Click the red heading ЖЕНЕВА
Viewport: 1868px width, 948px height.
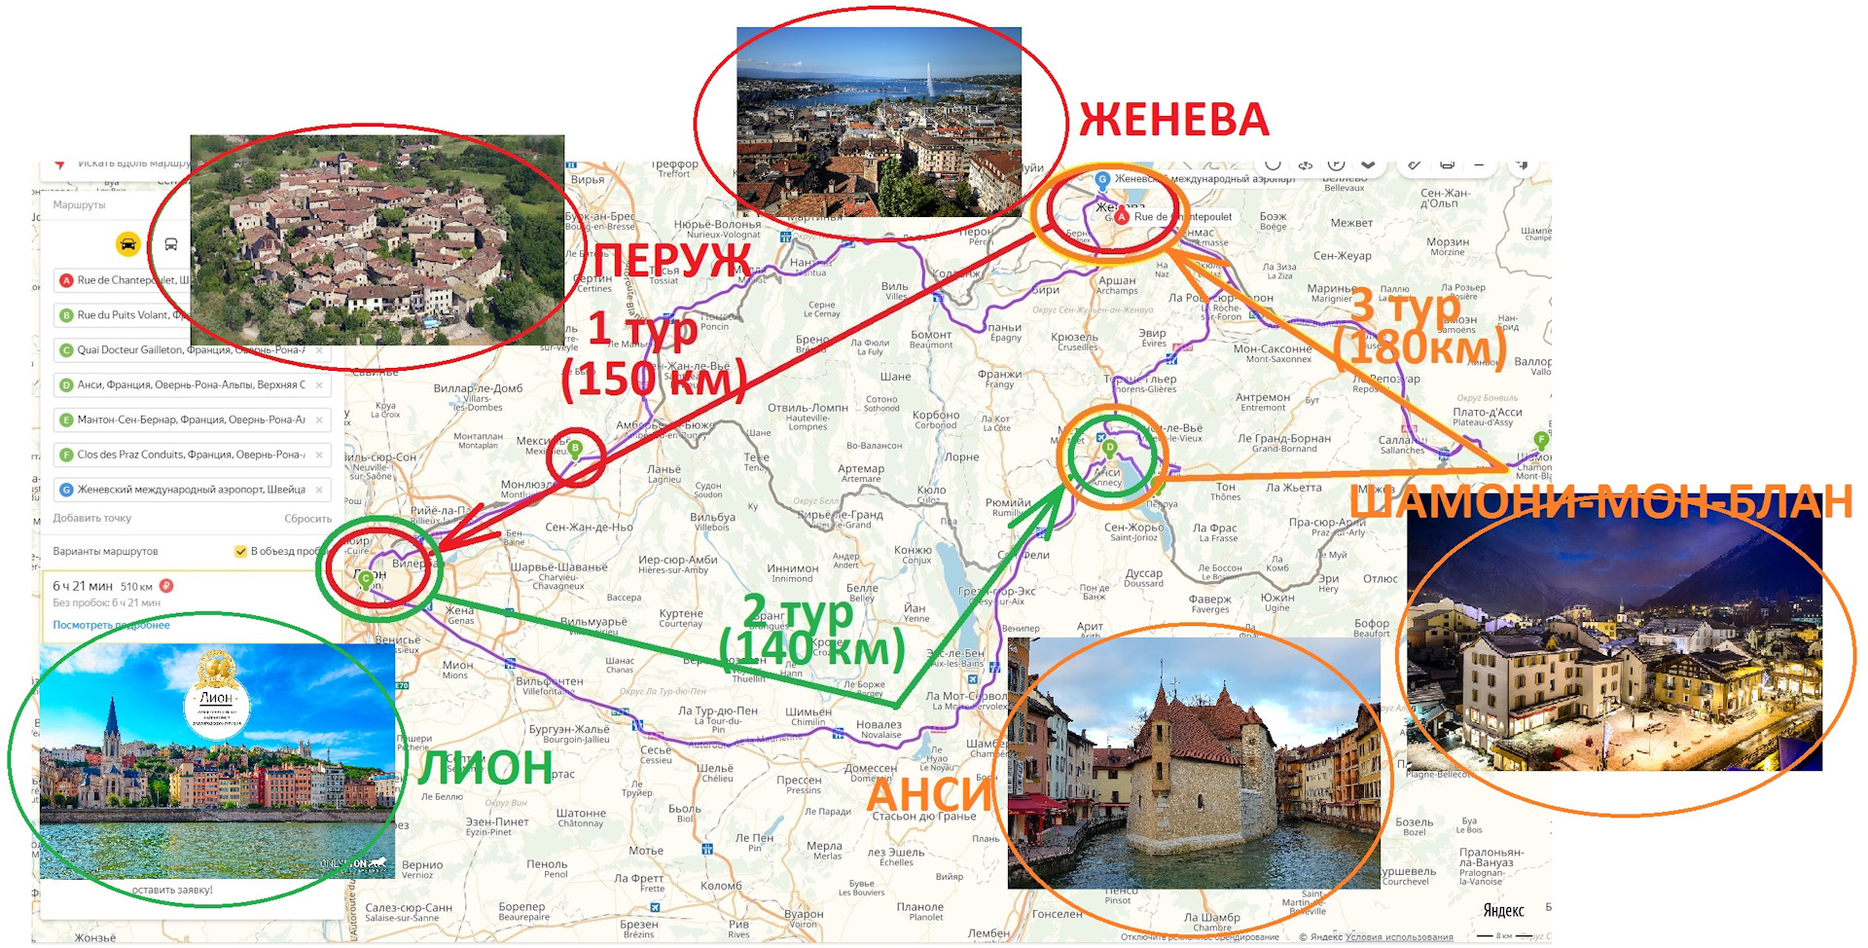1173,120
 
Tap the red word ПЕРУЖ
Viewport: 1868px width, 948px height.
672,261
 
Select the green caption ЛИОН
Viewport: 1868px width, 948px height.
485,768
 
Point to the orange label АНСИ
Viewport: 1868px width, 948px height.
928,794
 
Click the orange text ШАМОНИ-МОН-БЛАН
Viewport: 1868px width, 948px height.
1600,502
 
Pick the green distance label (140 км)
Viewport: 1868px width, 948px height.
811,648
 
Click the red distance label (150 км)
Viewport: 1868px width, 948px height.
653,379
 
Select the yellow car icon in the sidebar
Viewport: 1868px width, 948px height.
127,243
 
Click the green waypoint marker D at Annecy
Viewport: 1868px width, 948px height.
1109,448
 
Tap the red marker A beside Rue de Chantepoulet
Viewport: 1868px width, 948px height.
1122,217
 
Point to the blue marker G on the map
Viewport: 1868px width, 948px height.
1102,179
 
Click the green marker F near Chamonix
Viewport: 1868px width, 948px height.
1540,440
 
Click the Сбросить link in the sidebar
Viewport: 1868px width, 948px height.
307,519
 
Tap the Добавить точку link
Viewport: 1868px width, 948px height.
91,518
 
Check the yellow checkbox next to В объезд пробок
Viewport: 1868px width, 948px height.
240,551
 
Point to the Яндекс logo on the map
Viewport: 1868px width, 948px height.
1503,911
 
